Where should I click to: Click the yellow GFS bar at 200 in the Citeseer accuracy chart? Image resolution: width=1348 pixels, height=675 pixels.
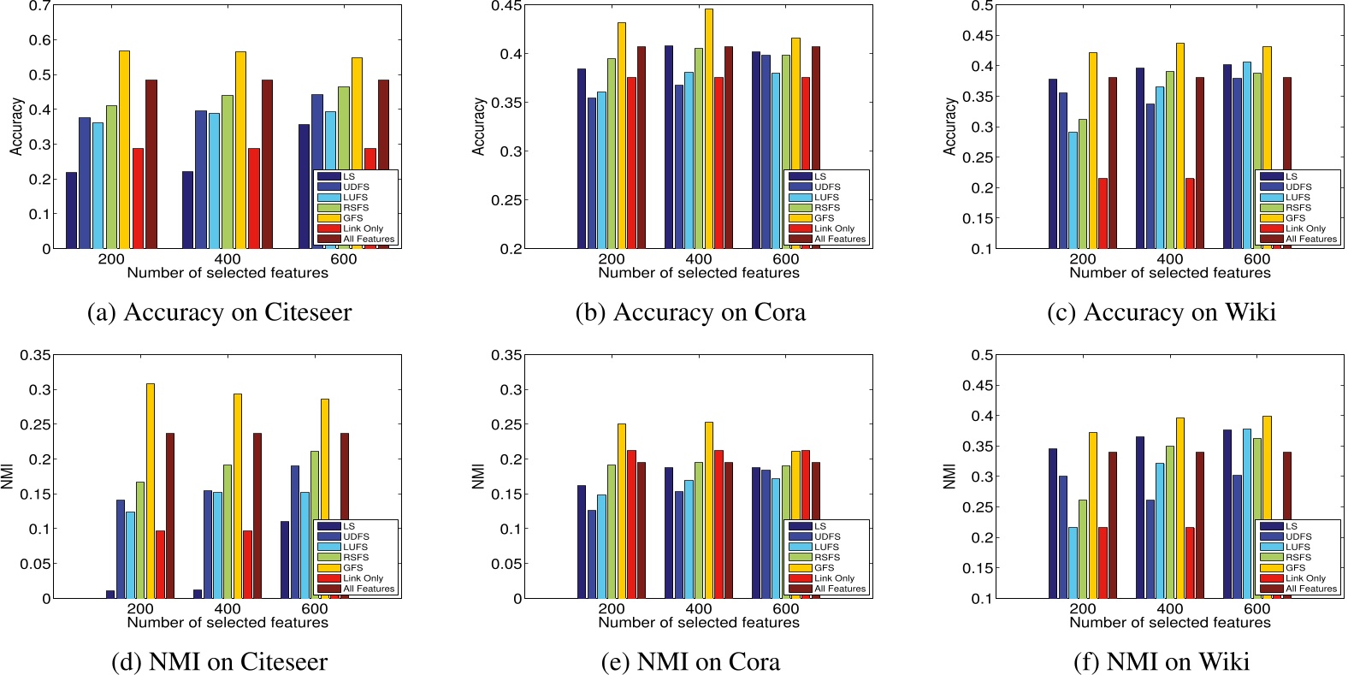click(124, 150)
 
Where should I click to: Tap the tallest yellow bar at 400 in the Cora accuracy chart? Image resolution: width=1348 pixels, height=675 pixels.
click(708, 128)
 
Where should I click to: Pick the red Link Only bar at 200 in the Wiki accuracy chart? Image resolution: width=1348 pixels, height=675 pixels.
click(1103, 213)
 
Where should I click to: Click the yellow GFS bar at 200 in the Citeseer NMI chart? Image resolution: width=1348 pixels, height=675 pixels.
click(151, 491)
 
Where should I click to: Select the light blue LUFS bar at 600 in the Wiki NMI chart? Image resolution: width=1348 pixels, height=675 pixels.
click(1247, 513)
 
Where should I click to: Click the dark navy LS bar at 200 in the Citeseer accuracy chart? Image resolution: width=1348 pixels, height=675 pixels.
click(71, 210)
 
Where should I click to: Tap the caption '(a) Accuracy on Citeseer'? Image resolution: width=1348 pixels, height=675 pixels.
click(219, 312)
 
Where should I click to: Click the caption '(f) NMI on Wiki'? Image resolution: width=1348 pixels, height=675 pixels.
click(1161, 661)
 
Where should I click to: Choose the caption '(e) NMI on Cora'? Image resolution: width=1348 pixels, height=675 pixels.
click(690, 661)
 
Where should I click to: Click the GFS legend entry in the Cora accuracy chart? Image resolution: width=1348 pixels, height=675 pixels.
click(824, 218)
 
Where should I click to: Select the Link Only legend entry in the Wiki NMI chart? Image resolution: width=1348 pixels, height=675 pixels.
click(1305, 578)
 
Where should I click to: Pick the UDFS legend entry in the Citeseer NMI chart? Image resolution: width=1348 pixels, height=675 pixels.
click(356, 536)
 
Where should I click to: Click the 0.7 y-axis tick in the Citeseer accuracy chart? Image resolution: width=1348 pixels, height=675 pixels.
click(39, 6)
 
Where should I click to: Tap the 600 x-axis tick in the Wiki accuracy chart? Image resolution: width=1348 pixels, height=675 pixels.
click(1256, 259)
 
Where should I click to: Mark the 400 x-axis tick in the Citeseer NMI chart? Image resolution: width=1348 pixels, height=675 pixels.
click(228, 608)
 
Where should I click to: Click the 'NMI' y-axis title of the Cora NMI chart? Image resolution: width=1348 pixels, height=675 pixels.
click(478, 477)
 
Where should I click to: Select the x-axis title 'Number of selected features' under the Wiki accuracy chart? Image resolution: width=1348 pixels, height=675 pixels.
click(1169, 273)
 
